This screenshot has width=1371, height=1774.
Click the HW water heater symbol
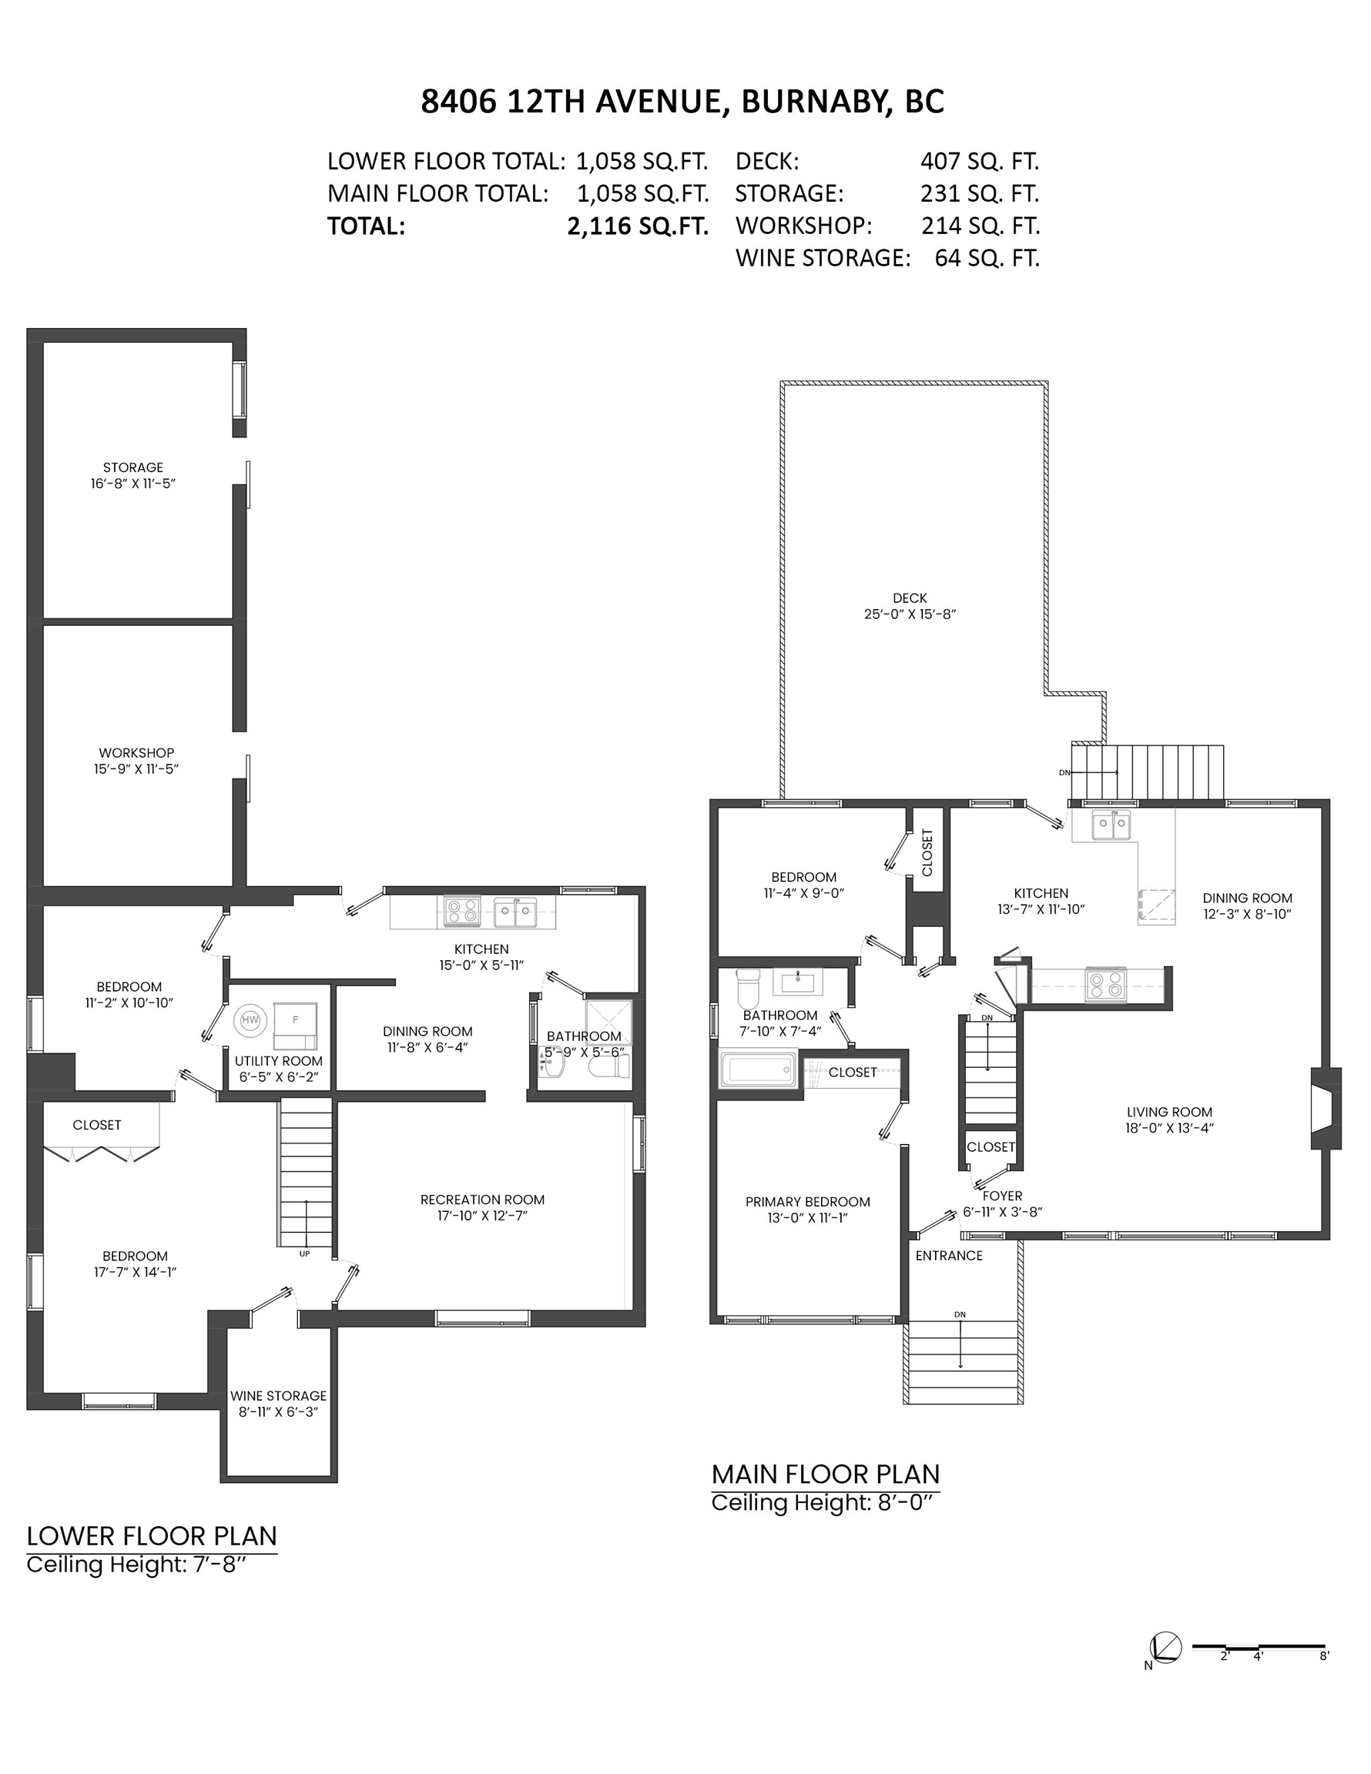pyautogui.click(x=250, y=1019)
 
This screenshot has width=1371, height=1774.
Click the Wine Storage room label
pyautogui.click(x=278, y=1395)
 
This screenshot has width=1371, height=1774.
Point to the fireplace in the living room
pyautogui.click(x=1326, y=1108)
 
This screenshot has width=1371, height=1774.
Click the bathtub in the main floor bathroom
pyautogui.click(x=758, y=1069)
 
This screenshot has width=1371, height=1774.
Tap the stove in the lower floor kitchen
pyautogui.click(x=461, y=911)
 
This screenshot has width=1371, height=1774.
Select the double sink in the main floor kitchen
pyautogui.click(x=1111, y=825)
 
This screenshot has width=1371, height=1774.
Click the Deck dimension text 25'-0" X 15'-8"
pyautogui.click(x=910, y=614)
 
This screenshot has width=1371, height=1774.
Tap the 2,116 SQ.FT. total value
pyautogui.click(x=638, y=226)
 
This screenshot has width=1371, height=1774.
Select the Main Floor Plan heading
pyautogui.click(x=826, y=1474)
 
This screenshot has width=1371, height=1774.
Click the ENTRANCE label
pyautogui.click(x=949, y=1255)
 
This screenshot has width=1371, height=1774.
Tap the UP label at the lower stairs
pyautogui.click(x=305, y=1254)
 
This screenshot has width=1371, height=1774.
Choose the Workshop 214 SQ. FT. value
pyautogui.click(x=980, y=225)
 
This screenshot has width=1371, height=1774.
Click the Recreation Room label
pyautogui.click(x=482, y=1199)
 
